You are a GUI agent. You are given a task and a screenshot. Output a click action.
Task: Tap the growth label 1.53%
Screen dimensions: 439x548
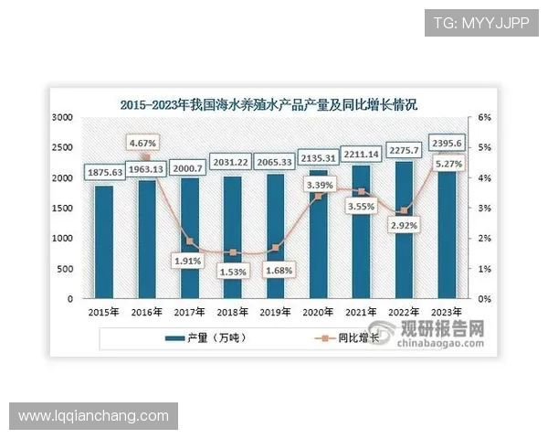click(x=233, y=272)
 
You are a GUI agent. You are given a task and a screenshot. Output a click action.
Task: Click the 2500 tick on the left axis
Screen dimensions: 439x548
click(x=64, y=148)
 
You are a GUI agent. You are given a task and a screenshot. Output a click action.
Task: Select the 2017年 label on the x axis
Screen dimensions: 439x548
click(x=189, y=311)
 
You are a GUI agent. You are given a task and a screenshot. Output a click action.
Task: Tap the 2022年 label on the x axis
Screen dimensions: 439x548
click(x=405, y=311)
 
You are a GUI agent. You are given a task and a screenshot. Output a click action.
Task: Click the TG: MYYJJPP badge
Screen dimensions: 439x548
click(x=480, y=23)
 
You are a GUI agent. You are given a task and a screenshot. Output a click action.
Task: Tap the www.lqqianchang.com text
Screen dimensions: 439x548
click(x=94, y=416)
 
